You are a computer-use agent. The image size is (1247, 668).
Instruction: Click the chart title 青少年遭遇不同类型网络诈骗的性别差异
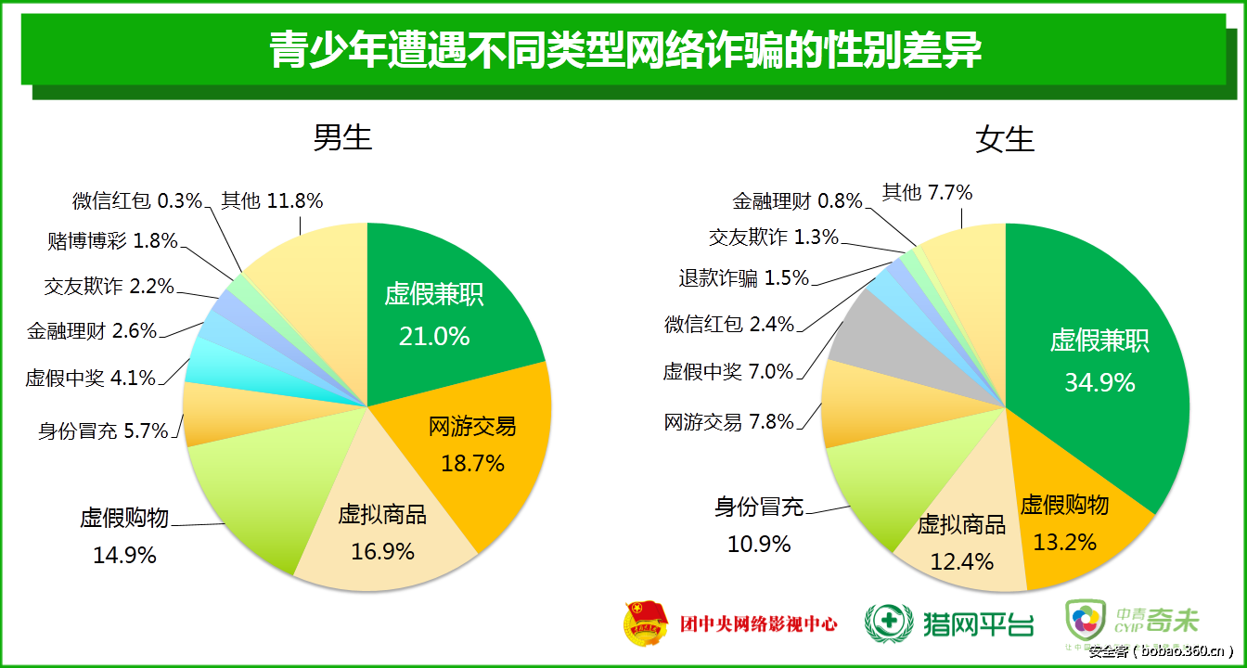pos(624,49)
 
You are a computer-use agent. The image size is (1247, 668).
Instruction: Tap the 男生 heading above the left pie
pos(342,137)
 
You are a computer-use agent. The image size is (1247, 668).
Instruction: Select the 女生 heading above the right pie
pos(1005,139)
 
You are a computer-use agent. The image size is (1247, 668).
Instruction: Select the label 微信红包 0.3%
pos(137,200)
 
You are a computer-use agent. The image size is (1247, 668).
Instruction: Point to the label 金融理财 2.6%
pos(92,330)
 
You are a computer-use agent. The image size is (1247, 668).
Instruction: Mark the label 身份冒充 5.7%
pos(103,430)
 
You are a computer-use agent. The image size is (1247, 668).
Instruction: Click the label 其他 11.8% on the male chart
pos(272,200)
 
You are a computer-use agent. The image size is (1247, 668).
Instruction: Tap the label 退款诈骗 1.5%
pos(744,278)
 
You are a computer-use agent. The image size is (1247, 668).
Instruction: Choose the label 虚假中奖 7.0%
pos(728,372)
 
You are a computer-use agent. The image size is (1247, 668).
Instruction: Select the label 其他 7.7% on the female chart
pos(927,193)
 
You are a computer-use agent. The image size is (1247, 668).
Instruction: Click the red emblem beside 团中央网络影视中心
pos(645,623)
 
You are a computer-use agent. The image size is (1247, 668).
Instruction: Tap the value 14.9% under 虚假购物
pos(124,556)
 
